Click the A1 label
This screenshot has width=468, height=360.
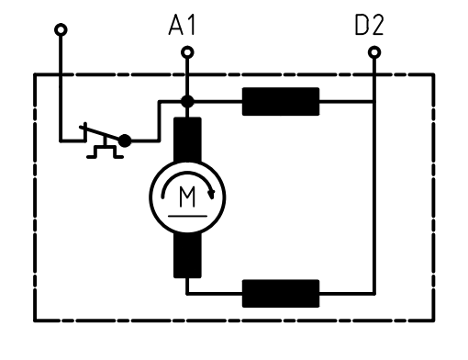point(182,25)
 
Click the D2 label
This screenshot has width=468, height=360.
point(369,25)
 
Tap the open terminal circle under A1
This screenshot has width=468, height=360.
point(187,52)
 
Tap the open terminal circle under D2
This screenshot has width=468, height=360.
point(374,52)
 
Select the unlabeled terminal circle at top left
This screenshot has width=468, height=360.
point(61,30)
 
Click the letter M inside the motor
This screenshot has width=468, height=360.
point(187,197)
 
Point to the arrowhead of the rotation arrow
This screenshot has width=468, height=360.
point(211,195)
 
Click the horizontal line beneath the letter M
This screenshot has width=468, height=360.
point(187,216)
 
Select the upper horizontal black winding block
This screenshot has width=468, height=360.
point(281,102)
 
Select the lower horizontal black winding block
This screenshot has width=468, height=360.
point(281,293)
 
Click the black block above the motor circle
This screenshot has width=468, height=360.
point(187,140)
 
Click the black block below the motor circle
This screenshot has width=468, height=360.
point(187,255)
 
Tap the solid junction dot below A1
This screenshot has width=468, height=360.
point(187,101)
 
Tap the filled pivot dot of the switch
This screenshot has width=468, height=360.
point(125,141)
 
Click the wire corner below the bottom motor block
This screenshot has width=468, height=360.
point(187,294)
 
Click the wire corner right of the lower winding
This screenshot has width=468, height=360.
point(374,294)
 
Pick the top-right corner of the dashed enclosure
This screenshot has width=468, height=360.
point(433,74)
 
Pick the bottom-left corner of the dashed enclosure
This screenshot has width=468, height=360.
point(35,321)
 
